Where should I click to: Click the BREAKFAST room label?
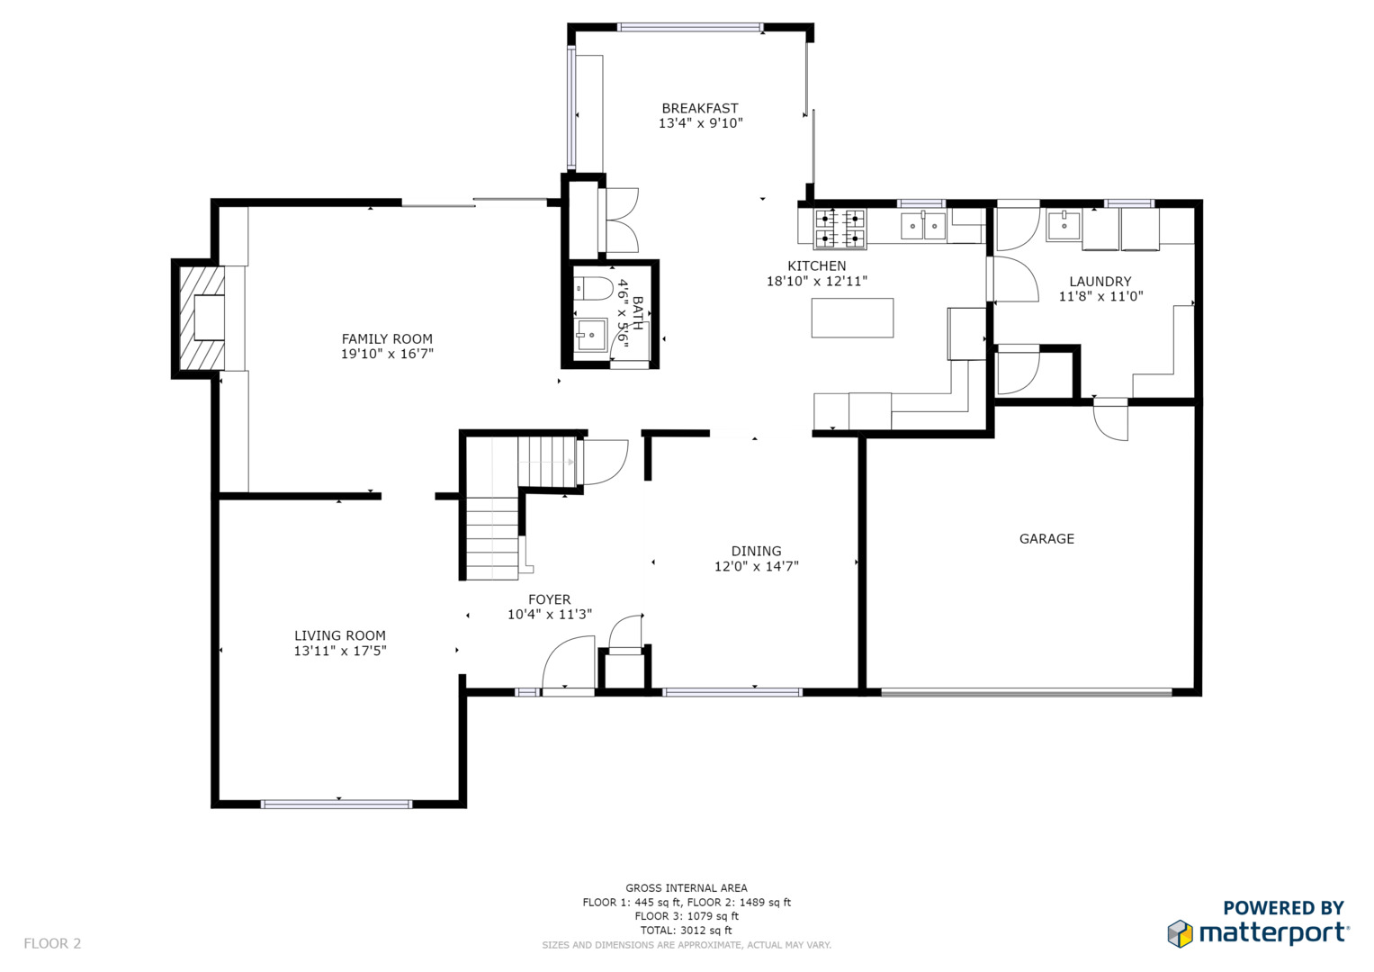click(700, 109)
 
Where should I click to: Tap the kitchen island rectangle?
click(852, 318)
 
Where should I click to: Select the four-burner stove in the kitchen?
click(840, 229)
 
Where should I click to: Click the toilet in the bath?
click(593, 288)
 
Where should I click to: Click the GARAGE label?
click(1046, 539)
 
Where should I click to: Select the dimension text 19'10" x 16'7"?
click(387, 354)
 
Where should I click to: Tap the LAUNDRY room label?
click(1100, 282)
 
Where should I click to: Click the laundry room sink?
click(1064, 226)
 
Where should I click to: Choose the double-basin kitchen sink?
click(923, 226)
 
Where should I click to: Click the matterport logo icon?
click(1180, 934)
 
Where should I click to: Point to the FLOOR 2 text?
click(52, 943)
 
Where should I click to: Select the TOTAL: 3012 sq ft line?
click(687, 931)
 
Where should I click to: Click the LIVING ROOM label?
click(340, 635)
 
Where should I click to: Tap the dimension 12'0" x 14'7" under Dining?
click(757, 566)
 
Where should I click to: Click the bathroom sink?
click(590, 335)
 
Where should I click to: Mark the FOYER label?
click(550, 599)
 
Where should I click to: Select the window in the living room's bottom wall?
click(337, 805)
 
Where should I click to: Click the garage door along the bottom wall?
click(1026, 693)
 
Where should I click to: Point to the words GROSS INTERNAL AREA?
click(687, 888)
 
